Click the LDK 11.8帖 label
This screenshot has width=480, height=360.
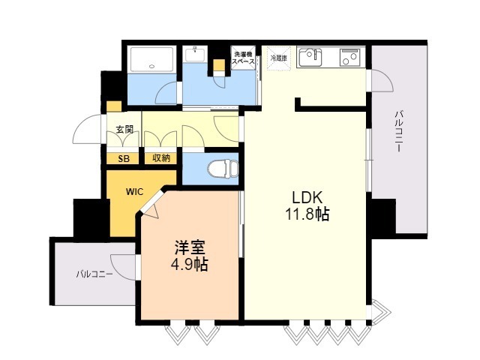click(306, 205)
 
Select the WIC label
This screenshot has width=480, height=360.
click(134, 191)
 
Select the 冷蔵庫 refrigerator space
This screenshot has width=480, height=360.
click(277, 58)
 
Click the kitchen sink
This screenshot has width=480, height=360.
click(310, 55)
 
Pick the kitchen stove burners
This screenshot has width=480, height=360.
click(349, 55)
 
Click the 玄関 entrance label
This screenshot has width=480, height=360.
click(124, 130)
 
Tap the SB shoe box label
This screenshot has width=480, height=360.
click(124, 157)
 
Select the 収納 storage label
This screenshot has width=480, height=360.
click(161, 157)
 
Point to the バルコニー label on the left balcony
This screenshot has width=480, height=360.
click(94, 274)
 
